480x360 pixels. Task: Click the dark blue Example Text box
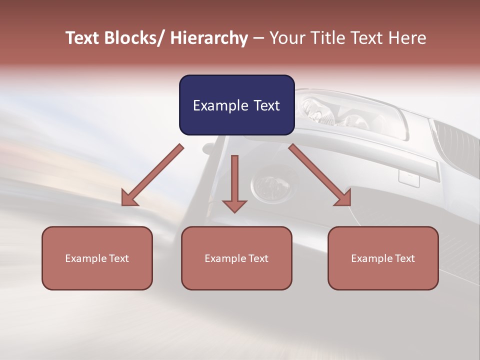tap(236, 105)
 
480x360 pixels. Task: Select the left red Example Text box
tap(97, 258)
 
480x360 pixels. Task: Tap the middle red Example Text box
tap(236, 258)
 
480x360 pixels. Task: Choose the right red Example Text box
tap(383, 258)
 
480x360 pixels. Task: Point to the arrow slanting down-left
tap(152, 175)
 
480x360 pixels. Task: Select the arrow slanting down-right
tap(320, 175)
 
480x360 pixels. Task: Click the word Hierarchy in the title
tap(209, 38)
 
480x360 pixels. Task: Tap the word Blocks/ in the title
tap(134, 38)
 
